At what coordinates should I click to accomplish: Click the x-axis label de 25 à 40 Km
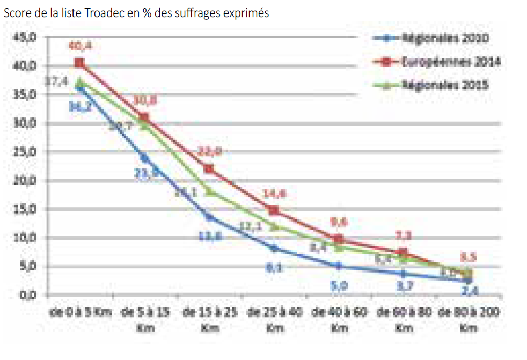point(274,319)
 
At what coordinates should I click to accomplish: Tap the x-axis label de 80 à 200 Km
point(469,319)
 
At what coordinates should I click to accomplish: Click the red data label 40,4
point(80,47)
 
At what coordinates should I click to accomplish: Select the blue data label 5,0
point(338,285)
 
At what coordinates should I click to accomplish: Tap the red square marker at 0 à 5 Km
point(80,63)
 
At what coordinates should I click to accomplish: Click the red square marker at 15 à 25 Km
point(209,169)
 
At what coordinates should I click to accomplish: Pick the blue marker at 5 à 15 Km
point(144,158)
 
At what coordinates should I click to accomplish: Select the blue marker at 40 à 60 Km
point(339,266)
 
